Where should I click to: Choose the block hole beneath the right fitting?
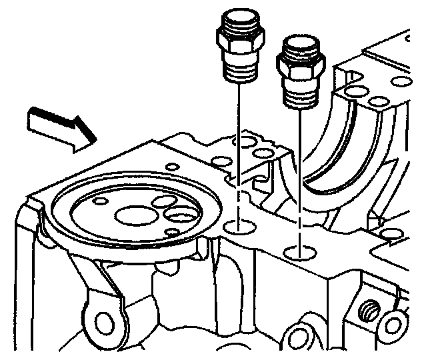[x=299, y=253]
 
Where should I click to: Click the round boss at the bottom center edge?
[x=298, y=338]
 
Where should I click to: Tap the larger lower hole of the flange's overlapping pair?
[x=180, y=215]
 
